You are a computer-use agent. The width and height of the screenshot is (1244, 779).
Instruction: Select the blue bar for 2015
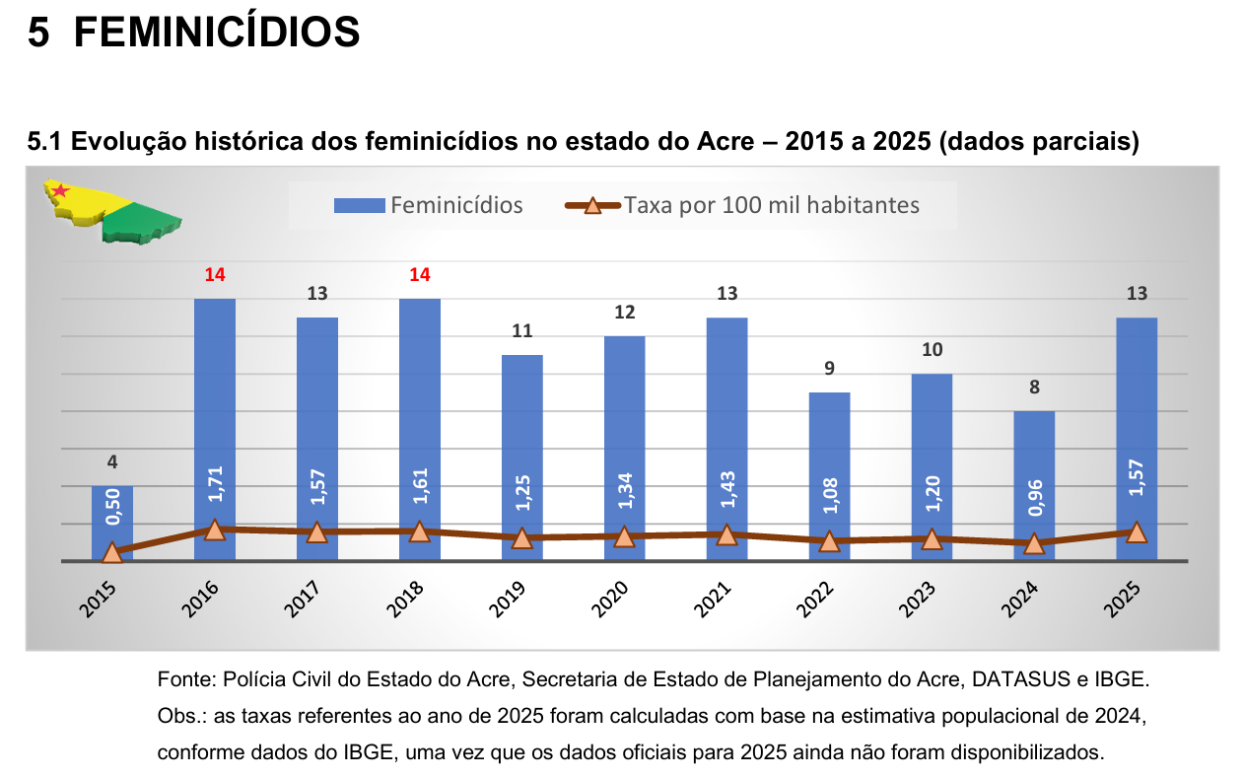tap(112, 518)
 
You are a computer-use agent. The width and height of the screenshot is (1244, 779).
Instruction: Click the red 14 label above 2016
tap(215, 274)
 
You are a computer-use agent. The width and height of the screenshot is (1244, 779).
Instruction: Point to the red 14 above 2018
tap(420, 274)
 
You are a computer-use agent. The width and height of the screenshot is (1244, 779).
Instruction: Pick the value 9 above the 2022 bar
tap(829, 368)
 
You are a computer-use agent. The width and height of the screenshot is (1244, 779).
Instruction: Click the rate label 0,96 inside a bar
tap(1034, 498)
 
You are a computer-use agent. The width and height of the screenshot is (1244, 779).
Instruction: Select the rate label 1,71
tap(215, 486)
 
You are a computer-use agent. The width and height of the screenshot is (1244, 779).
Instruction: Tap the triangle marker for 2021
tap(726, 535)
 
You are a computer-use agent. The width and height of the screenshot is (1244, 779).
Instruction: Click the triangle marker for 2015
tap(112, 553)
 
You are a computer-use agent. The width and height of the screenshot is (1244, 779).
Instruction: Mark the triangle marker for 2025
tap(1137, 532)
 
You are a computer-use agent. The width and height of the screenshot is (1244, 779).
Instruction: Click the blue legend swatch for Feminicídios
tap(359, 205)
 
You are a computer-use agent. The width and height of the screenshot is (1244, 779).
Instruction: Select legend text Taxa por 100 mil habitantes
tap(771, 205)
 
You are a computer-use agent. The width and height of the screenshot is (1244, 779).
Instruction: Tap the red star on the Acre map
tap(60, 190)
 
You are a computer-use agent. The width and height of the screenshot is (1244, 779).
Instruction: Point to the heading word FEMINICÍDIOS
tap(217, 34)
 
